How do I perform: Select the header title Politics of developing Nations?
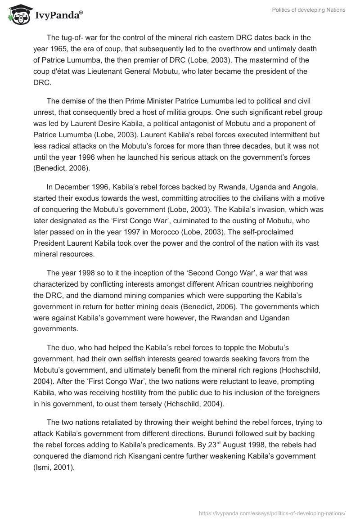[x=309, y=10]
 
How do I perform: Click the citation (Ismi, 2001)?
[x=55, y=468]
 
